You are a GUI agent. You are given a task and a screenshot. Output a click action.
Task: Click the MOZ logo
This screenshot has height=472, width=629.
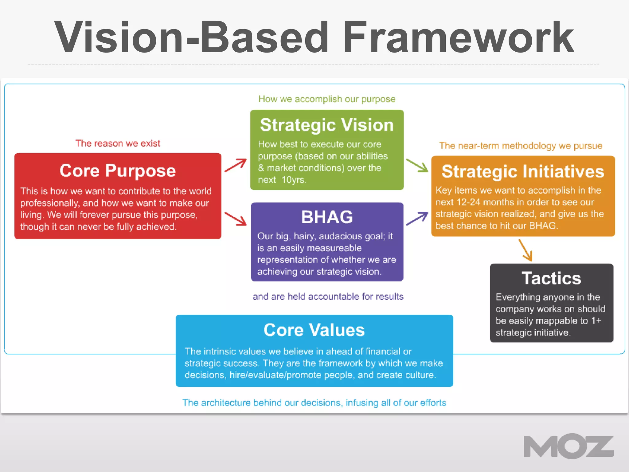tap(568, 446)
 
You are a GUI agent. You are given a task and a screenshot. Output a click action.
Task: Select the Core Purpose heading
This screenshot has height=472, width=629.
tap(118, 171)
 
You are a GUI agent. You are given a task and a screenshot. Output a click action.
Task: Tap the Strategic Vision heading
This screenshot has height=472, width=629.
tap(327, 125)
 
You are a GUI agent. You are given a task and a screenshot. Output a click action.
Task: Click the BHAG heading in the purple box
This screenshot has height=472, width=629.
tap(327, 217)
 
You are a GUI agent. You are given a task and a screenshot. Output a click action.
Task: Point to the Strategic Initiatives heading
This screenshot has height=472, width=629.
tap(523, 171)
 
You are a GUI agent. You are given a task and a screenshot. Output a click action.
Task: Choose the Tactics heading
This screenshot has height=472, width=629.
tap(551, 278)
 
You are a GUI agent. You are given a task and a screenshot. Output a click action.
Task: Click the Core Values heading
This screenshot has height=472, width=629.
tap(314, 330)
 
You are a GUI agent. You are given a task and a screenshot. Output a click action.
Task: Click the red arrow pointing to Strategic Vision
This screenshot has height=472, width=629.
tap(236, 165)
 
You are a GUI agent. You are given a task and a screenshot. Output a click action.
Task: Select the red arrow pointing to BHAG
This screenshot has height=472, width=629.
tap(236, 218)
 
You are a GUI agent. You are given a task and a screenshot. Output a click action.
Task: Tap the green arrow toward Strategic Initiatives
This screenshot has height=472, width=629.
tap(417, 165)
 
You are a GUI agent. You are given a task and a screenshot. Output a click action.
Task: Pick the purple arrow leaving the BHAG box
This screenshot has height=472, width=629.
tap(417, 218)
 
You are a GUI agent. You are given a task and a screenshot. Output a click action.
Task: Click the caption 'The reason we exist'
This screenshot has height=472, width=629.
tap(118, 143)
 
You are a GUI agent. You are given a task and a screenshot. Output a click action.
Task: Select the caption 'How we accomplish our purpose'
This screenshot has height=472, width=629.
tap(327, 99)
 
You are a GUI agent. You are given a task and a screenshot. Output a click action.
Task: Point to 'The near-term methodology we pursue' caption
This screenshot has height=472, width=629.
tap(521, 146)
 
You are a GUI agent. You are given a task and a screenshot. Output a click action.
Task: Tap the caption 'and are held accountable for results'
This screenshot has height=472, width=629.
tap(328, 297)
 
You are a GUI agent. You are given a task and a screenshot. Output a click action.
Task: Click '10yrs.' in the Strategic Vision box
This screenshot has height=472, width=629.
tap(294, 180)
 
